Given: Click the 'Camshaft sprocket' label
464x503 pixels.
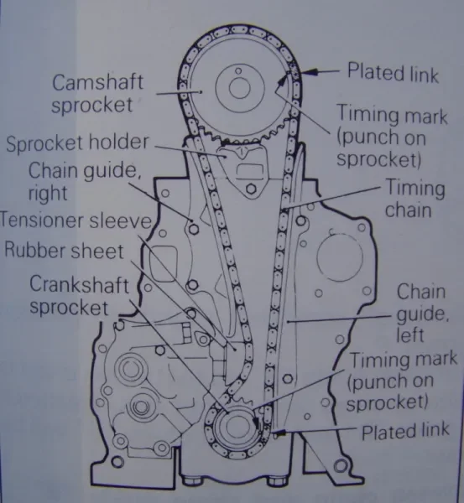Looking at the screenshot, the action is [x=97, y=93].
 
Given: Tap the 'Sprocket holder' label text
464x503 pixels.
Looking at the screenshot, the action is [x=77, y=143].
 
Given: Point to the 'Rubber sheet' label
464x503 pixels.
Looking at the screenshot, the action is [x=64, y=251].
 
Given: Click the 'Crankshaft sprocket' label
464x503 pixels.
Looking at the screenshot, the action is [x=79, y=295].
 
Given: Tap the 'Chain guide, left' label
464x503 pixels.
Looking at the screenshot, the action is [x=422, y=313].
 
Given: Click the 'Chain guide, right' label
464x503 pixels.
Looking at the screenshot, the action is [x=85, y=182].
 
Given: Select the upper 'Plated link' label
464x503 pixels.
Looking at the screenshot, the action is [x=393, y=73].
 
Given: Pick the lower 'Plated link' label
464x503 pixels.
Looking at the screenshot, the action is [x=405, y=432].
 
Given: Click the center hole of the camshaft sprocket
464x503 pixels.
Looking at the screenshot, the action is [x=239, y=88].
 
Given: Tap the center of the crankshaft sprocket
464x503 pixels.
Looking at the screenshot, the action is [x=237, y=427].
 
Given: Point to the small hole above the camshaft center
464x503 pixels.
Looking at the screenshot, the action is [x=238, y=70].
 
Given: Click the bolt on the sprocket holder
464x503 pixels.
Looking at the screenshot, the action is [x=251, y=189].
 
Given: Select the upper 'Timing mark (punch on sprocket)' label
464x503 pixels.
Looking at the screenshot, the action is [x=392, y=136].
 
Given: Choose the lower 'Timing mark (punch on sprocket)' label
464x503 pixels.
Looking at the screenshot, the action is [x=402, y=381].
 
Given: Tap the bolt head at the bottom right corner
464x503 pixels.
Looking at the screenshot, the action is [x=341, y=466].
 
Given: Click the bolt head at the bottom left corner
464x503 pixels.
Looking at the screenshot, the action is [x=117, y=462].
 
